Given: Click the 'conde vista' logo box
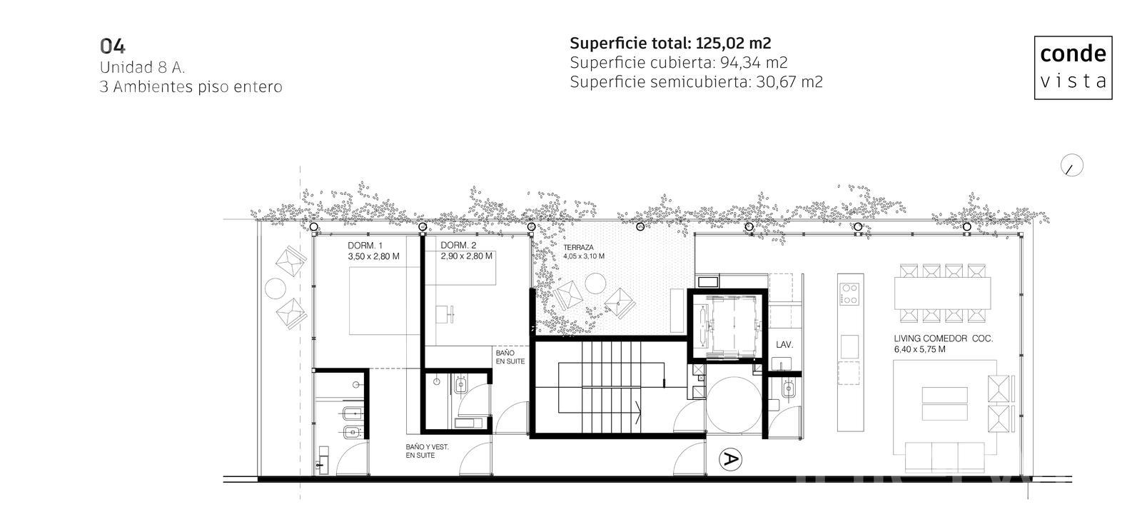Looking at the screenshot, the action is tap(1073, 67).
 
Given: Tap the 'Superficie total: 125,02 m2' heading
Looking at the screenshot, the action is tap(670, 44).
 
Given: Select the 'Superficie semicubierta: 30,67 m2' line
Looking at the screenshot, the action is tap(697, 82).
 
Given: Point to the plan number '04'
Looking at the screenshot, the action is tap(113, 46).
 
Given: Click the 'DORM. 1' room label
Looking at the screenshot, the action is tap(365, 246).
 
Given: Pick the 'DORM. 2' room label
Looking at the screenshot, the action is tap(458, 246).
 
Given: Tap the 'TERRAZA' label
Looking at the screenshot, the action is tap(578, 247).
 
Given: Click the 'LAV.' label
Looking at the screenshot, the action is tap(784, 345).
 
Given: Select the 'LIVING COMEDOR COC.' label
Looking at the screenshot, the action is tap(943, 338).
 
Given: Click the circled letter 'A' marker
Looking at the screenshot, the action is tap(730, 459).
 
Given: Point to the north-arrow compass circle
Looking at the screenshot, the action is tap(1071, 165).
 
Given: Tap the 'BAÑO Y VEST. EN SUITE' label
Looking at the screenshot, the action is tap(428, 451).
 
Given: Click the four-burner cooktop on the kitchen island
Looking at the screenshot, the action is tap(849, 294).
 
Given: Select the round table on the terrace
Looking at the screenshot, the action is tap(595, 283).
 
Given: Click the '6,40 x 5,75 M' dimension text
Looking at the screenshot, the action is tap(920, 349).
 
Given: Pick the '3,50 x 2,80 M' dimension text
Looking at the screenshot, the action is tap(374, 256).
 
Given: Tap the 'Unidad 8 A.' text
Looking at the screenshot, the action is tap(142, 67).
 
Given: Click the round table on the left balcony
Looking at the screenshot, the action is tap(276, 288).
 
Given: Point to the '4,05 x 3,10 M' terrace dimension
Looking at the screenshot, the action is tap(584, 256).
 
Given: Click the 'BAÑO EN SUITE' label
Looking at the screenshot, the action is tap(510, 357).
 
